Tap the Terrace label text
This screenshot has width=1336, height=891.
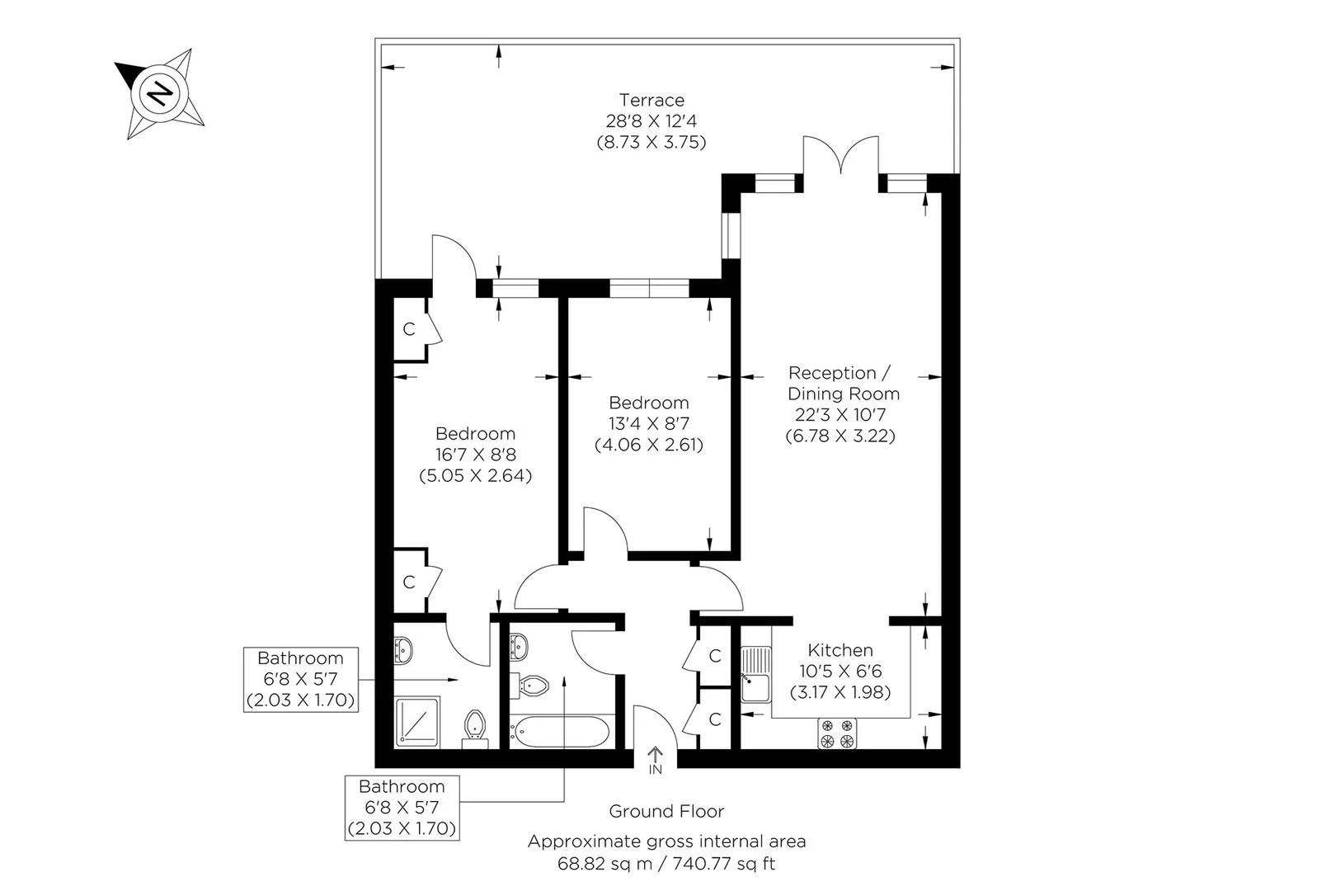click(652, 100)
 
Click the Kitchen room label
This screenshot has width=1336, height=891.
click(840, 650)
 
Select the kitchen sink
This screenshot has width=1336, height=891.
click(755, 674)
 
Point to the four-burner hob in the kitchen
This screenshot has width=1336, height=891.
click(838, 733)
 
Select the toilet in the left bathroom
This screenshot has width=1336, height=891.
click(475, 726)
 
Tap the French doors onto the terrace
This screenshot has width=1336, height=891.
click(840, 157)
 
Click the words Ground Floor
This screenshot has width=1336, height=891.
click(666, 811)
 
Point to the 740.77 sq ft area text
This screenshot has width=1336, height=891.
click(725, 864)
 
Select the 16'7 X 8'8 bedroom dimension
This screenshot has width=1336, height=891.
click(475, 455)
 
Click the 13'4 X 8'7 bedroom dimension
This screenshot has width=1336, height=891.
click(648, 424)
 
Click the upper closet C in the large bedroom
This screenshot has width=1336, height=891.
click(408, 329)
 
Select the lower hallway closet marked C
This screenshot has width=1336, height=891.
click(714, 719)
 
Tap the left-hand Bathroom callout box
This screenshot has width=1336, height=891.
click(301, 679)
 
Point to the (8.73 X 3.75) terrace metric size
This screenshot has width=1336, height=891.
click(652, 141)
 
